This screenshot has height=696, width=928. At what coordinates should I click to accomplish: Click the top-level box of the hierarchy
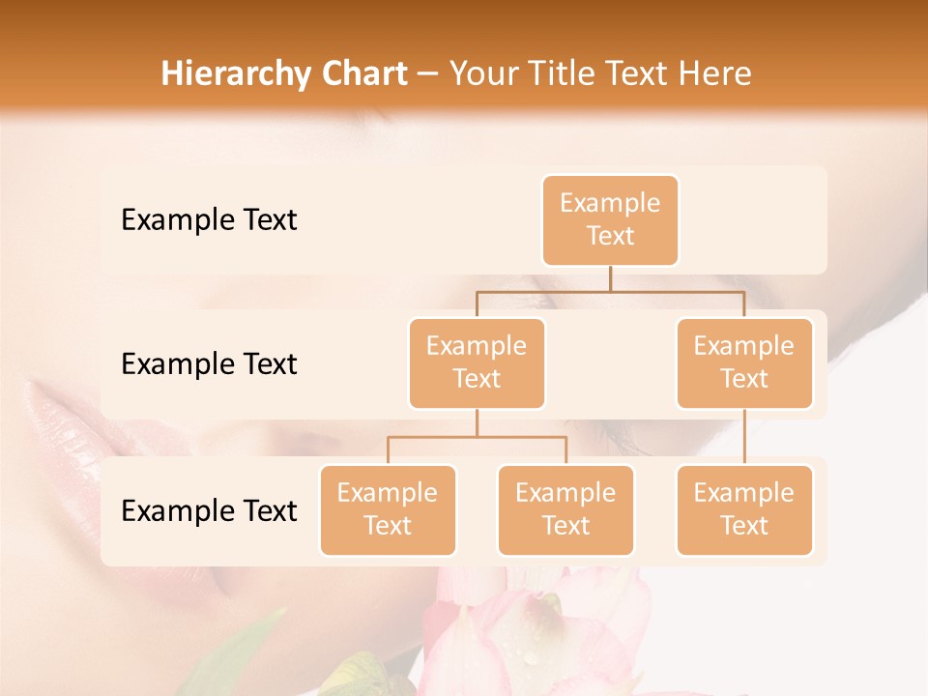[x=610, y=220]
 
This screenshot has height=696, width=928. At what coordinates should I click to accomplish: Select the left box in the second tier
[x=477, y=363]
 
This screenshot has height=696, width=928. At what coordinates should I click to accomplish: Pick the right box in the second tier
[x=744, y=363]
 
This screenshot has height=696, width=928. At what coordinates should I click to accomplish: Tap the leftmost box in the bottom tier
[x=388, y=510]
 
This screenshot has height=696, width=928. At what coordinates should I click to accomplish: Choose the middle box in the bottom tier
[x=565, y=510]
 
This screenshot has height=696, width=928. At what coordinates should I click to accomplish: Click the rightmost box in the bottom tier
[x=744, y=510]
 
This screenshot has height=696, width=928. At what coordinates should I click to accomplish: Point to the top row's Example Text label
[x=209, y=220]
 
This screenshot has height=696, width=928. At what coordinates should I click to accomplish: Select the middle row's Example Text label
[x=209, y=364]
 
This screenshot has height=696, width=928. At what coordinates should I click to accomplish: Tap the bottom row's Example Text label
[x=209, y=511]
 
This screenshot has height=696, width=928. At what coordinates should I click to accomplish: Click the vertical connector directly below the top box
[x=610, y=278]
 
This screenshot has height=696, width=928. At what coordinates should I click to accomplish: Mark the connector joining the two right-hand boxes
[x=744, y=437]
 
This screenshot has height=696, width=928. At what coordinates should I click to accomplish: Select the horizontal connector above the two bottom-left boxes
[x=477, y=437]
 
